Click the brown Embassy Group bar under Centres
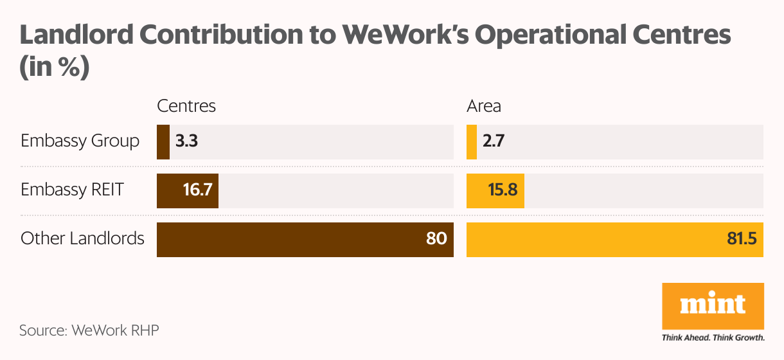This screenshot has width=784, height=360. (x=163, y=141)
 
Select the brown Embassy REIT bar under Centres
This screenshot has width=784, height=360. (x=187, y=190)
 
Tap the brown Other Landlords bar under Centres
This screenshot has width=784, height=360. (x=305, y=239)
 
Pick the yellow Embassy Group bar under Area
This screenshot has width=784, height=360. (x=472, y=141)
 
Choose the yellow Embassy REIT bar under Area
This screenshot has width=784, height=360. (x=495, y=190)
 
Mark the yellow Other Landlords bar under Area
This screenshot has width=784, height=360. (x=614, y=239)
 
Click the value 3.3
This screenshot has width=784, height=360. (x=186, y=141)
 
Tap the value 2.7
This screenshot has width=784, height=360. (x=494, y=141)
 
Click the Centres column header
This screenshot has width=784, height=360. (x=186, y=106)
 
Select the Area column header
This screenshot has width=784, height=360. (x=484, y=106)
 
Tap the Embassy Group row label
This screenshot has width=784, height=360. (x=80, y=141)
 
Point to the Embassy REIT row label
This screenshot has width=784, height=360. (x=72, y=190)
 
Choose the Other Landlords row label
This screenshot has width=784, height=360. (x=82, y=239)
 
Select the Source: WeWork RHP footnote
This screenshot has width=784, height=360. (x=89, y=331)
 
